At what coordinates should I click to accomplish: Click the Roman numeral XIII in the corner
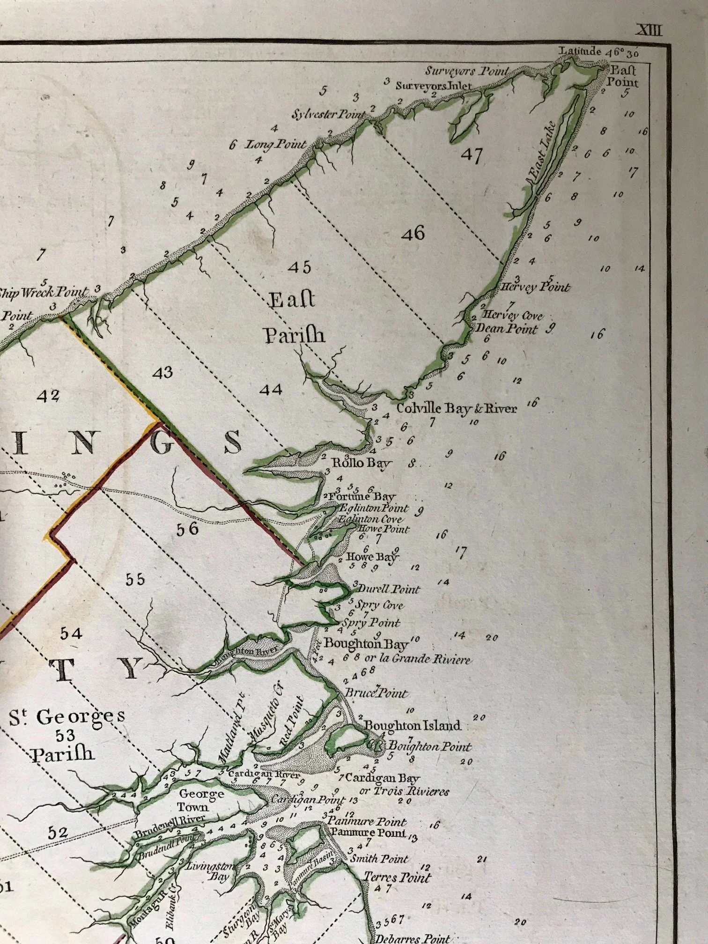tap(649, 31)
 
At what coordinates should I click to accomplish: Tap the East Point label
tap(624, 77)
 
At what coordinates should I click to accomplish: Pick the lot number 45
tap(300, 267)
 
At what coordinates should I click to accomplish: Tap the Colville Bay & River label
tap(457, 408)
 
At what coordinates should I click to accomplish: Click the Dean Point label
tap(507, 328)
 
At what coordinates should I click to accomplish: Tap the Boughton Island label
tap(413, 726)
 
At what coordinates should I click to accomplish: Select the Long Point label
tap(276, 144)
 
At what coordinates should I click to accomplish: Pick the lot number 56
tap(187, 529)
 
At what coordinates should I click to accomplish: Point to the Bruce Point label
tap(376, 693)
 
